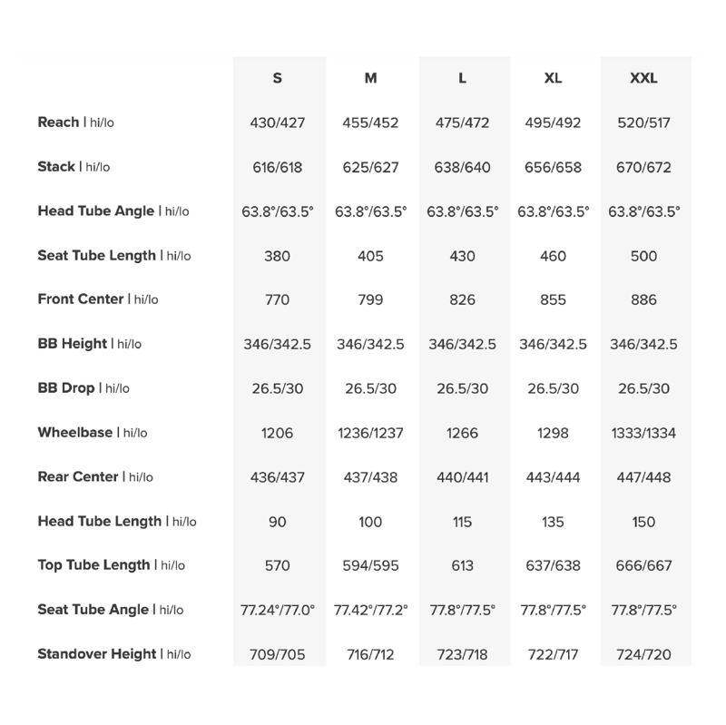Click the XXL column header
point(643,78)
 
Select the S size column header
point(277,78)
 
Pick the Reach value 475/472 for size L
point(462,123)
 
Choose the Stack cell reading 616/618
point(277,168)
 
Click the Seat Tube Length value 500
point(643,257)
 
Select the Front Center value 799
point(370,300)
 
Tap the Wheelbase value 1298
point(553,434)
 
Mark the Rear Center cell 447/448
point(643,478)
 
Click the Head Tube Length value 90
point(277,523)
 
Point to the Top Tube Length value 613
point(462,566)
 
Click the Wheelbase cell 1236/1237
point(370,434)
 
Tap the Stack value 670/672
point(643,168)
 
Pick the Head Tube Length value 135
point(553,523)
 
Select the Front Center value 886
point(643,300)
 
